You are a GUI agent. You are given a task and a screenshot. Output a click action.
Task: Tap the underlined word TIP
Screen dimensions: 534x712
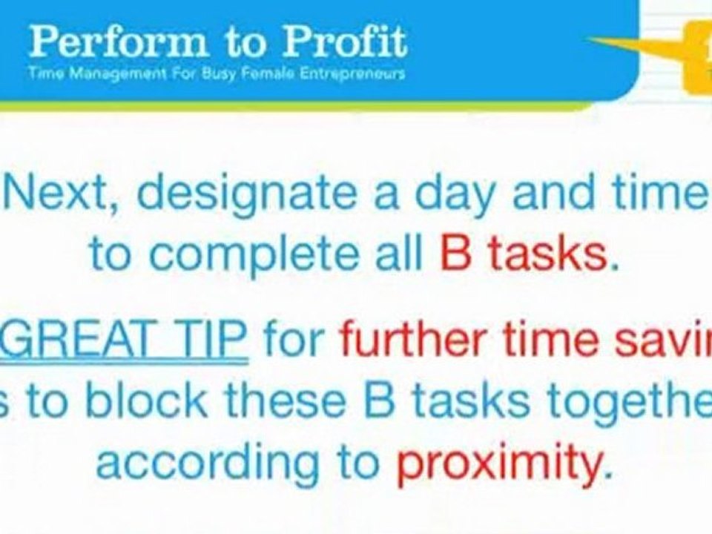pos(211,340)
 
